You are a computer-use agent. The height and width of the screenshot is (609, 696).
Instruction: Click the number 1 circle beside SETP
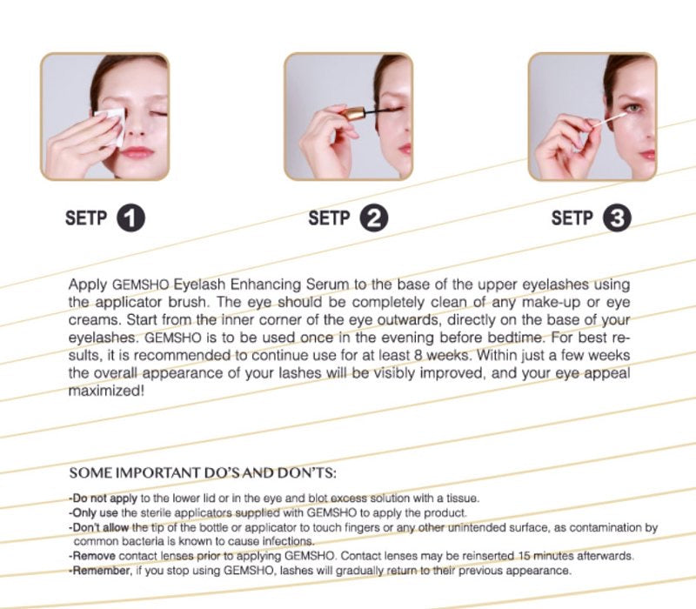131,218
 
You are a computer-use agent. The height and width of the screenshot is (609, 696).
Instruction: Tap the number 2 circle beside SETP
374,218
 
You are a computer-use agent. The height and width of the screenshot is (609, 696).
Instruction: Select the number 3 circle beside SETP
617,218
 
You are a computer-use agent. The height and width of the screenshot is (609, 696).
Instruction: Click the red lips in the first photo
137,153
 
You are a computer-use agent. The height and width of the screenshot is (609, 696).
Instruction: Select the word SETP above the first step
86,218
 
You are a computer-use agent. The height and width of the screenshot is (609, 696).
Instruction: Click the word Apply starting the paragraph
88,285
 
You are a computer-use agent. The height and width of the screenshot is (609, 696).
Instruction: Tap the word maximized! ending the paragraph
106,391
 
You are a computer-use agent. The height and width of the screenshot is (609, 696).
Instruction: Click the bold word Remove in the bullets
94,556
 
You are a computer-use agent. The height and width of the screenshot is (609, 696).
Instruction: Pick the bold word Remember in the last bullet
102,571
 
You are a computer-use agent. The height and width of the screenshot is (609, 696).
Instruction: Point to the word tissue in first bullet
465,499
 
